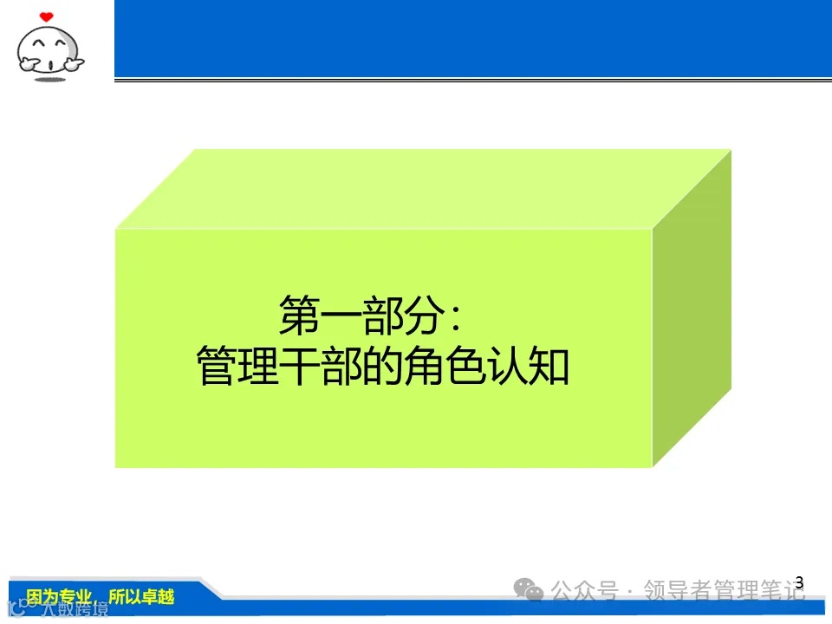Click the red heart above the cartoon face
click(x=47, y=16)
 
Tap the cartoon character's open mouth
click(x=50, y=63)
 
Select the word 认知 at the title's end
click(x=537, y=366)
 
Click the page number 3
click(x=799, y=583)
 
